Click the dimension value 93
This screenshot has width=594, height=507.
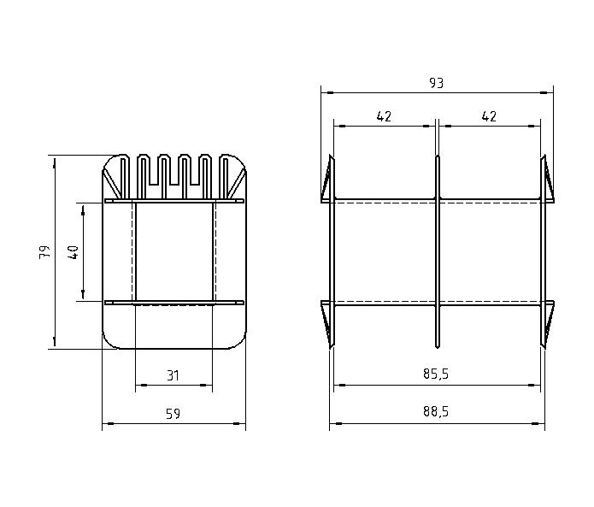coord(436,83)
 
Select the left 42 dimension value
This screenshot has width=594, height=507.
coord(384,116)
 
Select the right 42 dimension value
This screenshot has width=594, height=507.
coord(489,116)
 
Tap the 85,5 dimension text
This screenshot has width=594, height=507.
coord(436,374)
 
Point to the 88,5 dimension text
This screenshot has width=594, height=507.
coord(436,411)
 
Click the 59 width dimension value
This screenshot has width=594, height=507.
coord(173,414)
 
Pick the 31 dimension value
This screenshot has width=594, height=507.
coord(173,375)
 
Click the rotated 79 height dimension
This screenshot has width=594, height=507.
coord(44,252)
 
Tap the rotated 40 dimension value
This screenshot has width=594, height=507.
coord(73,252)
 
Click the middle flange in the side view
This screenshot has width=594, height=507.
coord(438,252)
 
